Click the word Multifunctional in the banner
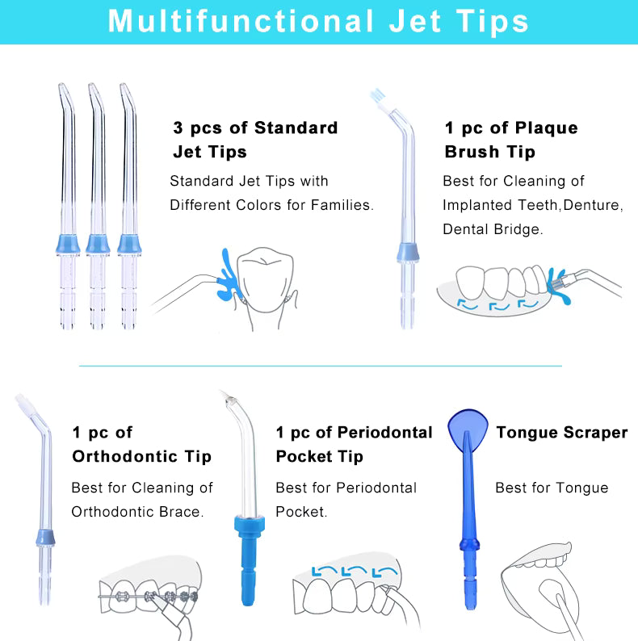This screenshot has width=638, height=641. click(241, 21)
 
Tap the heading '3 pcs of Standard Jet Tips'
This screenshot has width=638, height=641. click(255, 140)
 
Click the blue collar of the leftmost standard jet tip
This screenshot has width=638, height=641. click(68, 244)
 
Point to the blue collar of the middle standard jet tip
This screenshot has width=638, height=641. click(98, 244)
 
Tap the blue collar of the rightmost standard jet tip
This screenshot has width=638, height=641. click(129, 244)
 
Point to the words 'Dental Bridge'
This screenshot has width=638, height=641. click(493, 229)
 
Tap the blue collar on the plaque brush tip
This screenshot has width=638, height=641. click(408, 253)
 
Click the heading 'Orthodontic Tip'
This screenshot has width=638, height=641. click(141, 456)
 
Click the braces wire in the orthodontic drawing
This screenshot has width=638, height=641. click(147, 597)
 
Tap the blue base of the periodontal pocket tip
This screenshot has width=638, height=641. click(249, 560)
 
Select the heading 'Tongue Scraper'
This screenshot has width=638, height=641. click(562, 433)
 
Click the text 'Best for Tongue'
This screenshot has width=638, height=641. click(552, 488)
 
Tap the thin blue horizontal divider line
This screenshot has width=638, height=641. click(321, 366)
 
